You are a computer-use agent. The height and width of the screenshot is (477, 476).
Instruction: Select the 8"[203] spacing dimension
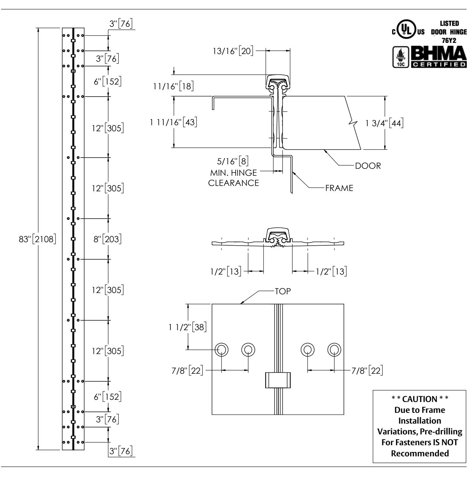click(107, 239)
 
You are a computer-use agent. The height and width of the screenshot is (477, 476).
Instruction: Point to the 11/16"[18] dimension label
click(173, 86)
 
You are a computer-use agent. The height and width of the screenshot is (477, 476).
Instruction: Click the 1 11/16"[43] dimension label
click(174, 122)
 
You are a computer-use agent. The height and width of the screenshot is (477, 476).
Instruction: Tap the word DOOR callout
click(368, 166)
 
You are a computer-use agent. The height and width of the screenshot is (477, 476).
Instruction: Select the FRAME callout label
click(339, 188)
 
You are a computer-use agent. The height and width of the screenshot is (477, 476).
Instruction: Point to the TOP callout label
click(283, 291)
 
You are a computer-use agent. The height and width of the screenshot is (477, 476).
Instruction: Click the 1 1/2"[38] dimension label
click(188, 327)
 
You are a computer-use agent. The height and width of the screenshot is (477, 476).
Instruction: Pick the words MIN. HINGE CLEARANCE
click(234, 178)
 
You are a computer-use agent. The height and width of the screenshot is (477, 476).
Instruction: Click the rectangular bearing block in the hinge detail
click(278, 380)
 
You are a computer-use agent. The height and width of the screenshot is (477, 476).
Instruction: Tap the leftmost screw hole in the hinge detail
click(221, 350)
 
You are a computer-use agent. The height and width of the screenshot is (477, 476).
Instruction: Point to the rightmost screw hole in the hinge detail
click(334, 350)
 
